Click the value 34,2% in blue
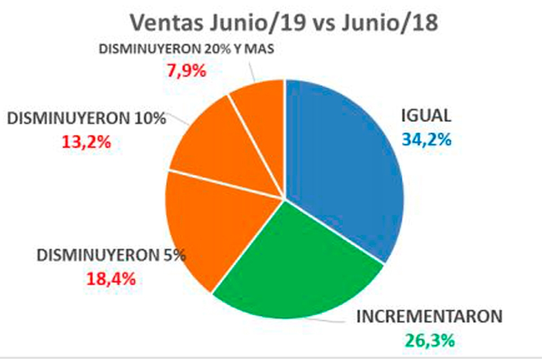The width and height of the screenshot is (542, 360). tap(426, 139)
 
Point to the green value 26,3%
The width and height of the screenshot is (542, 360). tap(430, 340)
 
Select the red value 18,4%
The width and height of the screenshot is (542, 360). tap(111, 279)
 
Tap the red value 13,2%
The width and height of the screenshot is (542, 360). tap(86, 141)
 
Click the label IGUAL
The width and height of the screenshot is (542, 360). tap(426, 115)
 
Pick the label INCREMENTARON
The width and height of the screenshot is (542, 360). tap(429, 317)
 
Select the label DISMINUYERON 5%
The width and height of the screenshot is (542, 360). tap(111, 255)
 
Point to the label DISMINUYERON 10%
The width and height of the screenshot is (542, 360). tap(86, 118)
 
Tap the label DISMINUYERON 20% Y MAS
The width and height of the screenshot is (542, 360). tap(186, 49)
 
